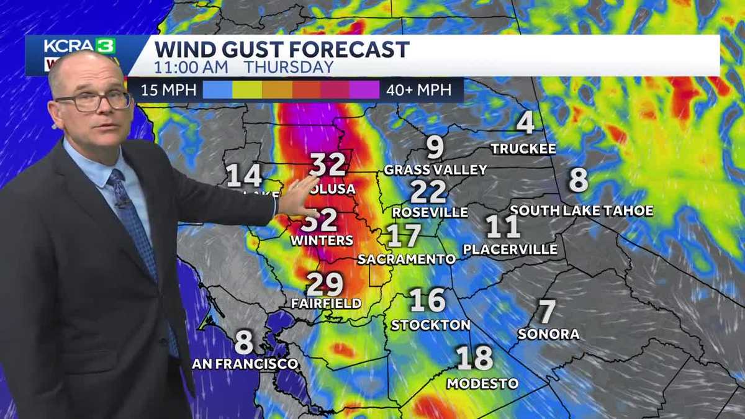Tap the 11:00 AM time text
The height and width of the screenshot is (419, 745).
point(191,67)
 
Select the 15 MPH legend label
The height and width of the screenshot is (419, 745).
point(168,90)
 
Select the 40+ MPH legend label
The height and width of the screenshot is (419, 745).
point(418,90)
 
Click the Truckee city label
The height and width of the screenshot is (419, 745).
point(523,149)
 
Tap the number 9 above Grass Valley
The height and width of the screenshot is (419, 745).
point(435,148)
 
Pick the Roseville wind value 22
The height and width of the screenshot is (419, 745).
point(428,192)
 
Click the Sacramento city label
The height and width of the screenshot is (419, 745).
point(407,259)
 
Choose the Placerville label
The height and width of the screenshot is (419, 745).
point(510,250)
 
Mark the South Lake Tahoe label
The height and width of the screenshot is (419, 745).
point(582,211)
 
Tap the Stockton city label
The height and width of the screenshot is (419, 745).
point(430,325)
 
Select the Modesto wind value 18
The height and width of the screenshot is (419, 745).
point(475,358)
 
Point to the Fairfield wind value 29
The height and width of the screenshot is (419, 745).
point(325,284)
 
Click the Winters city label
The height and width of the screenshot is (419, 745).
point(322,240)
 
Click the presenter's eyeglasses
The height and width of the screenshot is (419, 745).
point(93,101)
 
